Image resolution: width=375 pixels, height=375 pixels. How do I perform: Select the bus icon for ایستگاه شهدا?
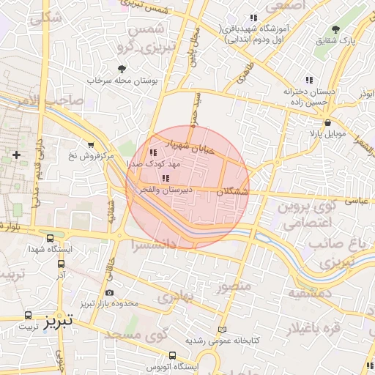coord(50,239)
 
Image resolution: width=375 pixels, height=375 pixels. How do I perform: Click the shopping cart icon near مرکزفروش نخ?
coord(90,144)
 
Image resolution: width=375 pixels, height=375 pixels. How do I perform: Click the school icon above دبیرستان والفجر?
coord(166,178)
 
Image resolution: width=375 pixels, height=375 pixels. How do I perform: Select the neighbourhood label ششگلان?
coord(234,192)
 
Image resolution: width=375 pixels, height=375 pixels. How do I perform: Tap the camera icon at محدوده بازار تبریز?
coord(110,293)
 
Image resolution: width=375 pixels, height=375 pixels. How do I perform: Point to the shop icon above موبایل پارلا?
coord(326,123)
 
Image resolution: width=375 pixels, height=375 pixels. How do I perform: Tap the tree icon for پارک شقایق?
coord(336,29)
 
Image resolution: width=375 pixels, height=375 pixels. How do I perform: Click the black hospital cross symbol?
coord(16,155)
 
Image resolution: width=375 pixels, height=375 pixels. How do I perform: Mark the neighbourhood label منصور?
coord(234,285)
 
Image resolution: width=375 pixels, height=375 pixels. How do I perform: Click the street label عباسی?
coord(354,200)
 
